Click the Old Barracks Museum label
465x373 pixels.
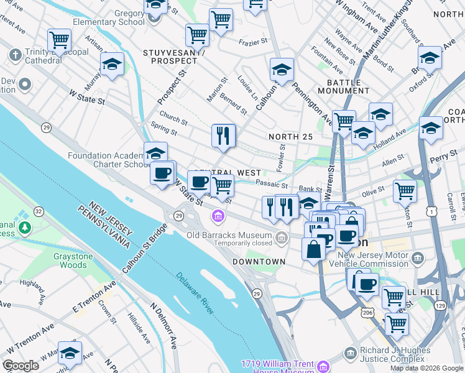(230, 236)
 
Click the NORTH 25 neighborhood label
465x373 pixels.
(289, 137)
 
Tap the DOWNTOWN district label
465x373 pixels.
(259, 262)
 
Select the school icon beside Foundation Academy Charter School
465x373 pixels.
(155, 153)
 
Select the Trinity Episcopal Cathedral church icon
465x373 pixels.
(15, 55)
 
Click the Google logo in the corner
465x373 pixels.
(21, 366)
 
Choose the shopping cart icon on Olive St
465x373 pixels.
(405, 190)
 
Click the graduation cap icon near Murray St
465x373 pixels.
(112, 64)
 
